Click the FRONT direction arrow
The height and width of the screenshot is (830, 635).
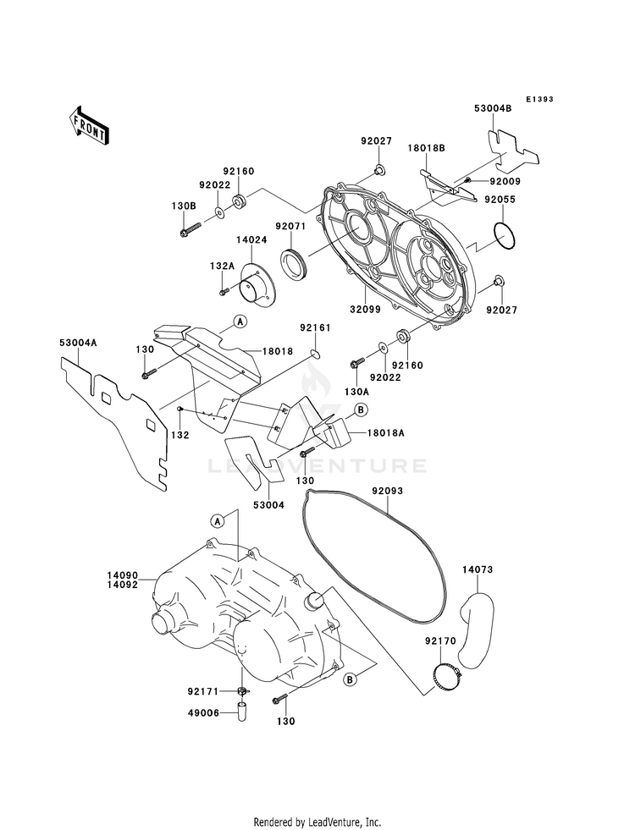tap(88, 125)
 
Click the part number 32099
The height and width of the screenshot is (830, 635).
tap(366, 310)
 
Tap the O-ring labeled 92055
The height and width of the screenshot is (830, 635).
tap(504, 235)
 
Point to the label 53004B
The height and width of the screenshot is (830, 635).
tap(493, 109)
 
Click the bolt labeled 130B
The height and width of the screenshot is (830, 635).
tap(191, 230)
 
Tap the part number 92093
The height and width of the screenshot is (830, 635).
tap(387, 492)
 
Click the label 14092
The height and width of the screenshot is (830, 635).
tap(122, 585)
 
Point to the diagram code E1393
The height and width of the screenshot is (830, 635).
tap(539, 99)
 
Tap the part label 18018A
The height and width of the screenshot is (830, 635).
tap(385, 433)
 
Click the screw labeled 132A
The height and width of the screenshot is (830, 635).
tap(224, 290)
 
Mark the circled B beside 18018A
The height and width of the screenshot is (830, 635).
tap(361, 410)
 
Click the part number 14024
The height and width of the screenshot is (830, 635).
tap(251, 239)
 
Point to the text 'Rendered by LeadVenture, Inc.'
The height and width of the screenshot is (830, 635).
tap(317, 822)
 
